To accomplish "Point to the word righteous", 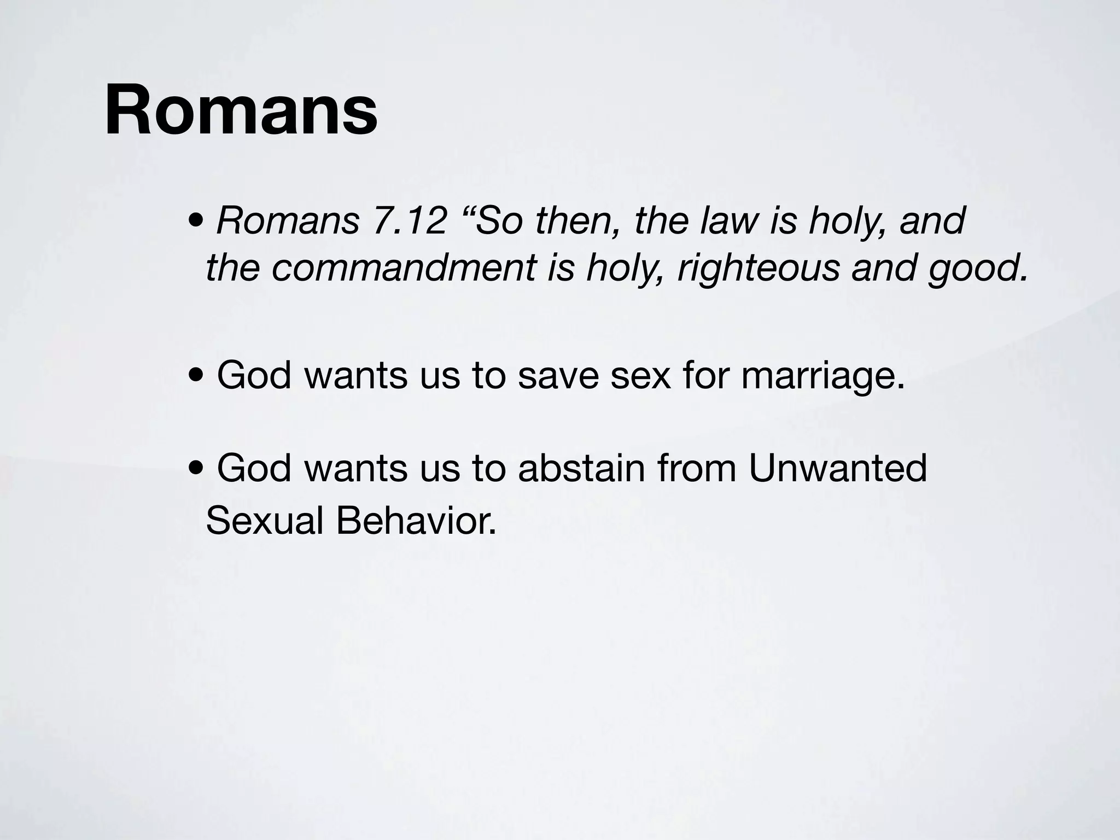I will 758,269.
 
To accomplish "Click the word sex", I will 640,376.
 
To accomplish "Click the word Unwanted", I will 837,468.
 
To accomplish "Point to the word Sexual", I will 265,520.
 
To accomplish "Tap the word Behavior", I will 416,520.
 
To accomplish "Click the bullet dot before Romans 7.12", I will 196,222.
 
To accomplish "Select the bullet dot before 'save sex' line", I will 196,377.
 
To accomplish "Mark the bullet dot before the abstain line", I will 196,469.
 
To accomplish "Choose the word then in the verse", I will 577,221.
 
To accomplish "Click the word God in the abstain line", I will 254,468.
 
